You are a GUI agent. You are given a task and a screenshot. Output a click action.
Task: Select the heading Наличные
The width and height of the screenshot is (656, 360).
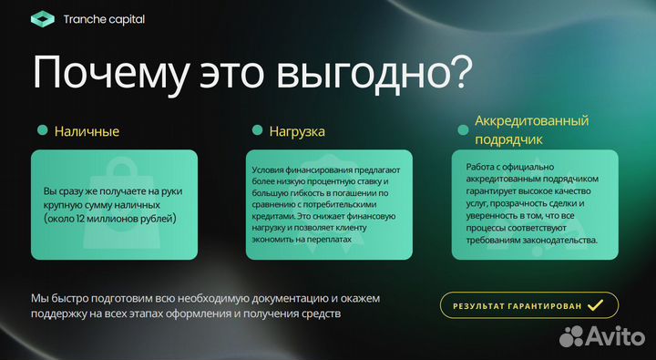(87, 131)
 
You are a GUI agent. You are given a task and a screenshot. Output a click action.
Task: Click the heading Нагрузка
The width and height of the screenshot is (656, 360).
(297, 131)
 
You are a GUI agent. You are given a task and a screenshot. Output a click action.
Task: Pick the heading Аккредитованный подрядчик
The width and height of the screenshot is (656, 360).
(531, 130)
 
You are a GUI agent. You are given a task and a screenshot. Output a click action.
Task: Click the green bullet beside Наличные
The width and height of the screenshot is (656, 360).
(42, 131)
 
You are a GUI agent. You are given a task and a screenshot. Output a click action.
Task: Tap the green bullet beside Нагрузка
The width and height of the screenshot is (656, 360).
(257, 131)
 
